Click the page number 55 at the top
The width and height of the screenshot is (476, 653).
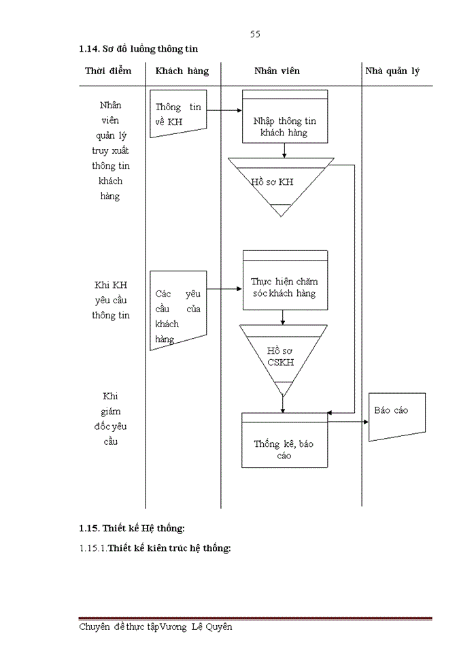pyautogui.click(x=255, y=34)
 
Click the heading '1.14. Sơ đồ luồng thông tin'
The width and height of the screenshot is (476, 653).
pyautogui.click(x=138, y=49)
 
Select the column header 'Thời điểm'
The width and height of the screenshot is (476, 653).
pyautogui.click(x=108, y=71)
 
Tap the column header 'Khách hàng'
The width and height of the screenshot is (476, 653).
pyautogui.click(x=182, y=71)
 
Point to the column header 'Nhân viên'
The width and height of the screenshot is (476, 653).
pyautogui.click(x=277, y=71)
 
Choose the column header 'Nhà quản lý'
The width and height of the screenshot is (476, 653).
pyautogui.click(x=392, y=71)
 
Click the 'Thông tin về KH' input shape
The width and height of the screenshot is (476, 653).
pyautogui.click(x=177, y=114)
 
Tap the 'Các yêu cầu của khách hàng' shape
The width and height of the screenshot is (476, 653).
pyautogui.click(x=177, y=309)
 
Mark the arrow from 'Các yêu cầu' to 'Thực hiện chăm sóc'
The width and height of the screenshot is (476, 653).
pyautogui.click(x=224, y=288)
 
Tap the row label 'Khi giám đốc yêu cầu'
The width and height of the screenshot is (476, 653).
pyautogui.click(x=110, y=418)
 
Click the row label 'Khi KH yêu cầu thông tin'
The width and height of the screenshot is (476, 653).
pyautogui.click(x=110, y=300)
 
